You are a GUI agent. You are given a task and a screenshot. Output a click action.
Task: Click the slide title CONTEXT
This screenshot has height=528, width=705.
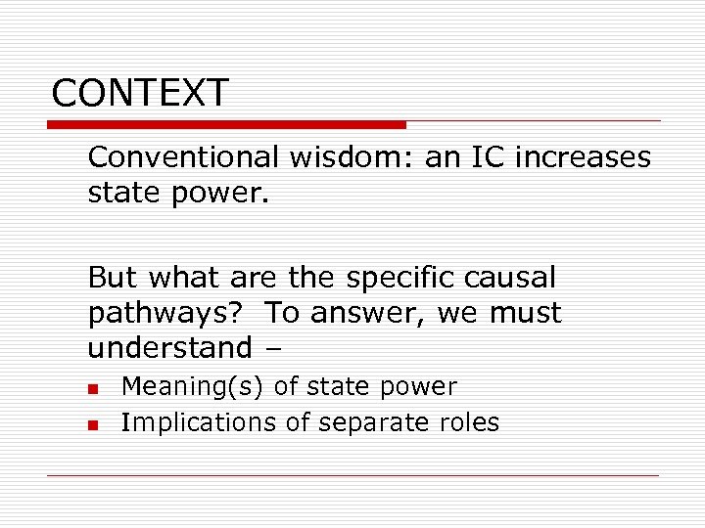(x=140, y=93)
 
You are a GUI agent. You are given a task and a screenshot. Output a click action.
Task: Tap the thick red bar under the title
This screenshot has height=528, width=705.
(x=226, y=125)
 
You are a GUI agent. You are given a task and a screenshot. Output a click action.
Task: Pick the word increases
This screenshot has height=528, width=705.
(x=587, y=157)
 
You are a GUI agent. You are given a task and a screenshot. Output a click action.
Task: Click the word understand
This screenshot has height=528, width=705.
(x=169, y=347)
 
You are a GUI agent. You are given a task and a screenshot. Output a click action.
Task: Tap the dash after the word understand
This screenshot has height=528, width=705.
(x=272, y=348)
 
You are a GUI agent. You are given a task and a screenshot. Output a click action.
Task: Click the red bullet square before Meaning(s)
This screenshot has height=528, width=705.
(x=92, y=389)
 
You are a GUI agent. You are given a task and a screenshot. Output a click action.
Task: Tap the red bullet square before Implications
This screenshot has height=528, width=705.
(x=92, y=424)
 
